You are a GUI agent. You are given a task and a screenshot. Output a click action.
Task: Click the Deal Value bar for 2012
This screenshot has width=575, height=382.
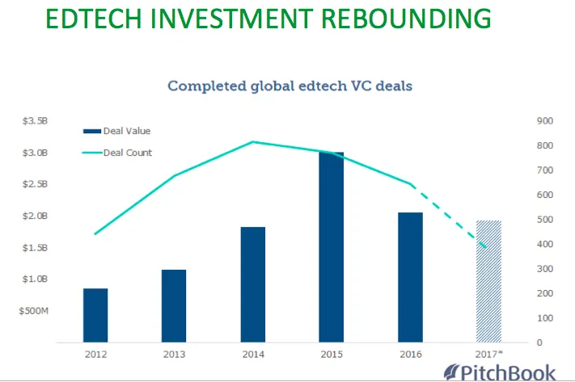click(95, 315)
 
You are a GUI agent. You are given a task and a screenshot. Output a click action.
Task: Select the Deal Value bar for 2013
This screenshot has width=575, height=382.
click(173, 305)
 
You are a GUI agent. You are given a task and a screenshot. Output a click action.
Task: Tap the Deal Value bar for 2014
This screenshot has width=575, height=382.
click(252, 284)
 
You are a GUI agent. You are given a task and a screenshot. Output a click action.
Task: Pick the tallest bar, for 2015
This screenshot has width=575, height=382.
click(331, 246)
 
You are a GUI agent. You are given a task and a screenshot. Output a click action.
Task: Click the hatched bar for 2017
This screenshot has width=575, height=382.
click(488, 281)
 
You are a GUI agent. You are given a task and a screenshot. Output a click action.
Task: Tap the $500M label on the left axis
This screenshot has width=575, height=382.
click(33, 310)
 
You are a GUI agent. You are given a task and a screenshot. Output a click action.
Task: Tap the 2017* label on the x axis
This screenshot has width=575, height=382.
click(489, 354)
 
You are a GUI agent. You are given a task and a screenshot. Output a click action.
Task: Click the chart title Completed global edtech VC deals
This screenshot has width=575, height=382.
click(290, 85)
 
